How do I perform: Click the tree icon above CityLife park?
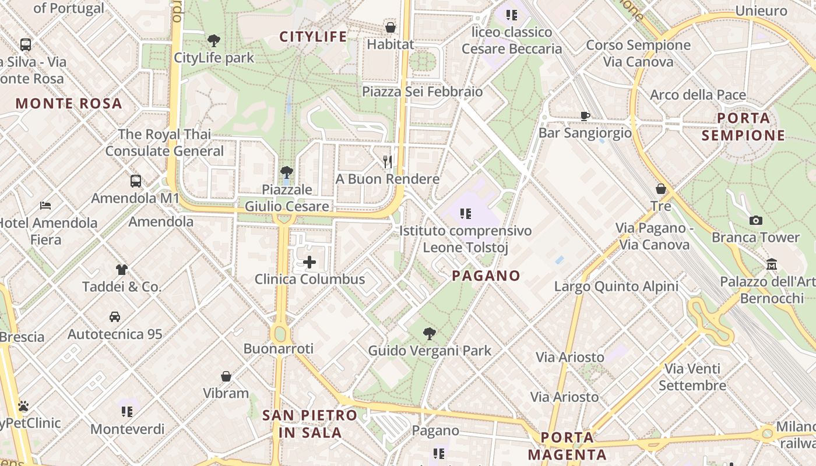[214, 40]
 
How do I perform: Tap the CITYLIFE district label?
[313, 37]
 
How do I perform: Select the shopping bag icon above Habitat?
[391, 27]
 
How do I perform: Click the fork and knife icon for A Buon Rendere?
[388, 161]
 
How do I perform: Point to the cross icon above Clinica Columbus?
[309, 262]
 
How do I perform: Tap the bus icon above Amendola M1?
[136, 181]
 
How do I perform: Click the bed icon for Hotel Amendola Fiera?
[45, 205]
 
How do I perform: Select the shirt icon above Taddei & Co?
[121, 269]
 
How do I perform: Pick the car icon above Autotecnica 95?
[115, 317]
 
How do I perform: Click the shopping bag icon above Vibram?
[226, 376]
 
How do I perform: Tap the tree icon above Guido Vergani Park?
[430, 334]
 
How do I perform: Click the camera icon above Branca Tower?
[756, 220]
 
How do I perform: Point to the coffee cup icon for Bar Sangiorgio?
[585, 116]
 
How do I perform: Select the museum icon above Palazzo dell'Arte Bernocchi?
[772, 264]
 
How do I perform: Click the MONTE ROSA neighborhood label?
[69, 104]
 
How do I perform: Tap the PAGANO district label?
[486, 276]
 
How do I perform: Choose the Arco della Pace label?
[698, 95]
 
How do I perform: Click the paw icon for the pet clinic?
[23, 406]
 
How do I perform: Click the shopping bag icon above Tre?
[661, 189]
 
